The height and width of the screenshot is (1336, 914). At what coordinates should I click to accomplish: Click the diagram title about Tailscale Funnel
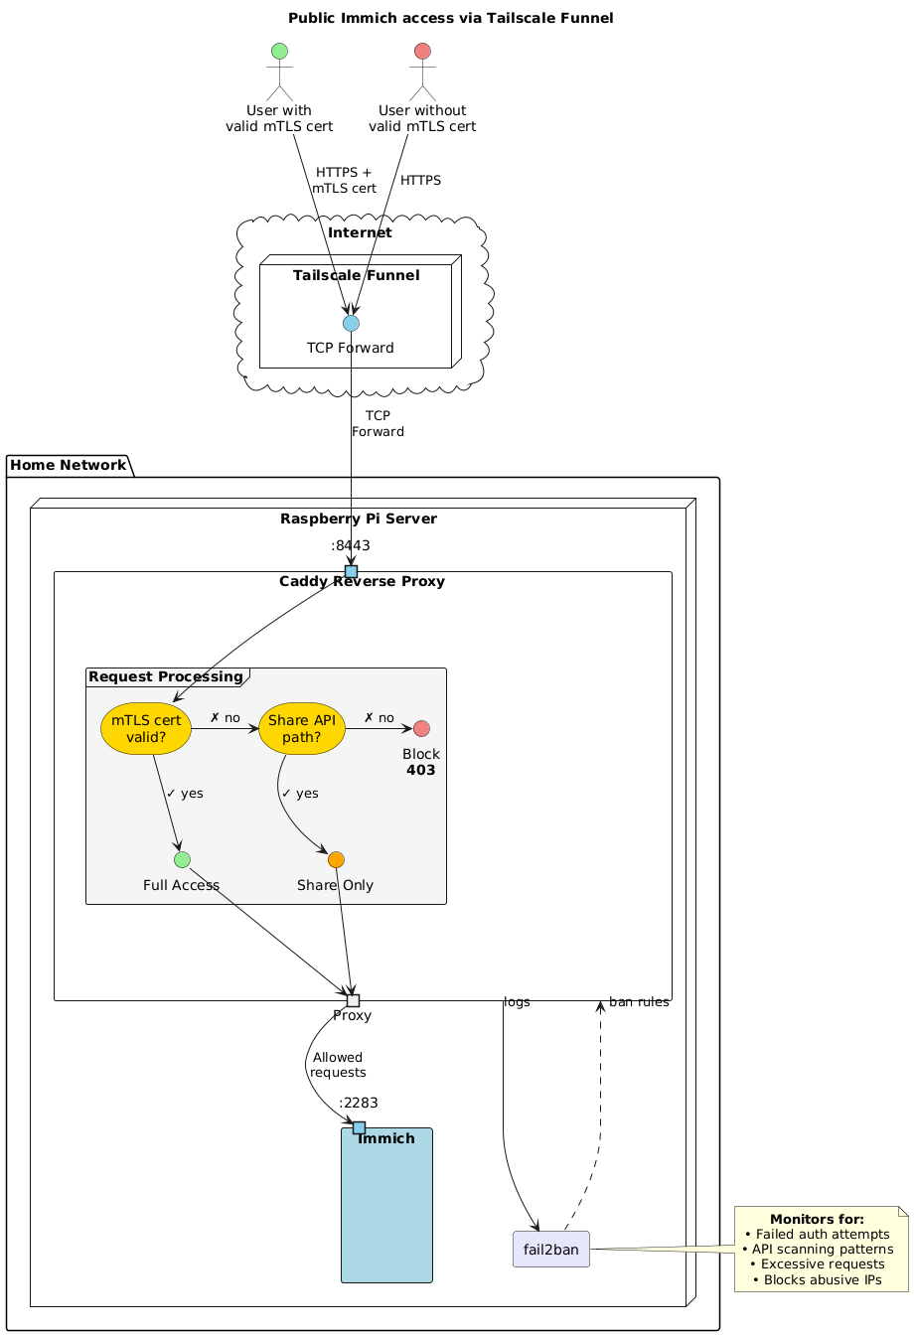(450, 18)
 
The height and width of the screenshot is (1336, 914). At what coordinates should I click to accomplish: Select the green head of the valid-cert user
(280, 52)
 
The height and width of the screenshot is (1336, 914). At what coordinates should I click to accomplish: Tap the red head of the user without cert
(422, 52)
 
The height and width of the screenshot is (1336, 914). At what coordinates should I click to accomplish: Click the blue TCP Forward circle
(351, 323)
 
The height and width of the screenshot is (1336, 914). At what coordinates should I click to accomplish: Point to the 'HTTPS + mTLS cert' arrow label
(344, 180)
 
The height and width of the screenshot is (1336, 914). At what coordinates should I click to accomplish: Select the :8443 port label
(351, 545)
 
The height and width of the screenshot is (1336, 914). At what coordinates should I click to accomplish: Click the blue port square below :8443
(351, 570)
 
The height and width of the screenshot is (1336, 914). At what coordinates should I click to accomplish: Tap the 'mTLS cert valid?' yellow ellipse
(146, 728)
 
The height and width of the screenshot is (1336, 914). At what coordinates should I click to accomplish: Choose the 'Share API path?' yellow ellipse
(302, 728)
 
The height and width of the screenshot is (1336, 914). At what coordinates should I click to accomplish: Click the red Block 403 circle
(421, 728)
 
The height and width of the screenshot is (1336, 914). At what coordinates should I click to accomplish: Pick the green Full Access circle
(182, 859)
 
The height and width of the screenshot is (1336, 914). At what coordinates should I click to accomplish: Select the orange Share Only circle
(336, 859)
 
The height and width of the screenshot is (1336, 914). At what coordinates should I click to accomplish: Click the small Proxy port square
(353, 1000)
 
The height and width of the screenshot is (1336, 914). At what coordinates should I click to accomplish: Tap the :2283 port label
(358, 1103)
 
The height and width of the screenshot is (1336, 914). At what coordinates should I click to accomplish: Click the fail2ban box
(551, 1250)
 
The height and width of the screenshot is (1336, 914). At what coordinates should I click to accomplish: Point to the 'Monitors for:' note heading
(817, 1219)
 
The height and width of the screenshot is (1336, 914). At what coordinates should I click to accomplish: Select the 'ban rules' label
(639, 1002)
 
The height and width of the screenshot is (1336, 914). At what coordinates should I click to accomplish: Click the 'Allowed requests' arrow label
(338, 1065)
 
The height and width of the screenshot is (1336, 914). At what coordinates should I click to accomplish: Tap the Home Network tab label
(69, 464)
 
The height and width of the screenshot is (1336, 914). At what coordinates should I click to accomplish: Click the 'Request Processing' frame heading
(166, 676)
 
